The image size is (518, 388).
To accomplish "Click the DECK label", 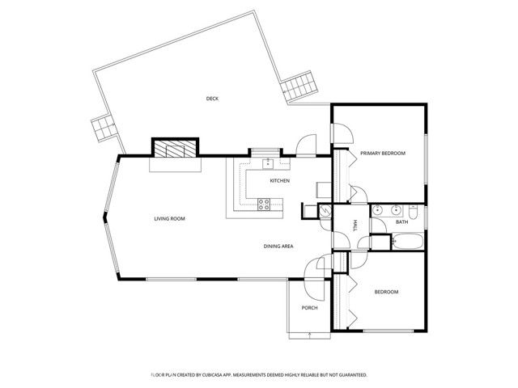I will [x=212, y=99].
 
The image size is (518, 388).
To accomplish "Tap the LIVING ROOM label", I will [x=171, y=218].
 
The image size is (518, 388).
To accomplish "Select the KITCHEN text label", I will [x=280, y=180].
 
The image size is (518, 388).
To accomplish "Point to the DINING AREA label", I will [x=278, y=245].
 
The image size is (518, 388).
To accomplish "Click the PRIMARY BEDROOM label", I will [x=382, y=153].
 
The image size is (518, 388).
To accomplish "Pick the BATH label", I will [x=401, y=221].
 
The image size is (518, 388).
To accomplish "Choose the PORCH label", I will [x=309, y=308].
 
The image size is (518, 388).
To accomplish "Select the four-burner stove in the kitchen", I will [x=264, y=203].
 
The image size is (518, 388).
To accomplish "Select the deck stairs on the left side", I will [x=103, y=127].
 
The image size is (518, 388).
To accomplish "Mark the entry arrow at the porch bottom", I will [x=309, y=332].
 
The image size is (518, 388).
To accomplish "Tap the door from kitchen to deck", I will [x=306, y=146].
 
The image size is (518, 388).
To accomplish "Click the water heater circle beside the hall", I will [x=323, y=211].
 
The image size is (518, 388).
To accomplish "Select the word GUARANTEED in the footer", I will [x=348, y=375].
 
